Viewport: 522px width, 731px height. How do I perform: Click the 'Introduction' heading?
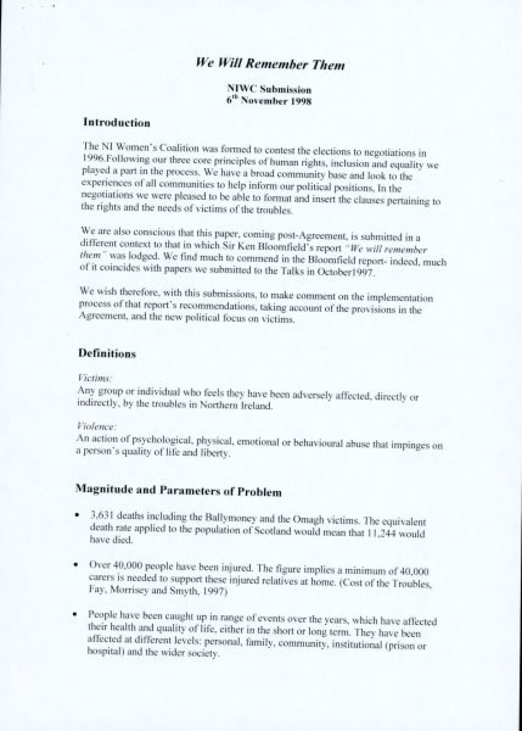117,123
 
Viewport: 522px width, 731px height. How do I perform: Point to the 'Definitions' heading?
107,354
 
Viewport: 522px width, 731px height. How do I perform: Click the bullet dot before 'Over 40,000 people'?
77,564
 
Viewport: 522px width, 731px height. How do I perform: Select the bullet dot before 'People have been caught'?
76,613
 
